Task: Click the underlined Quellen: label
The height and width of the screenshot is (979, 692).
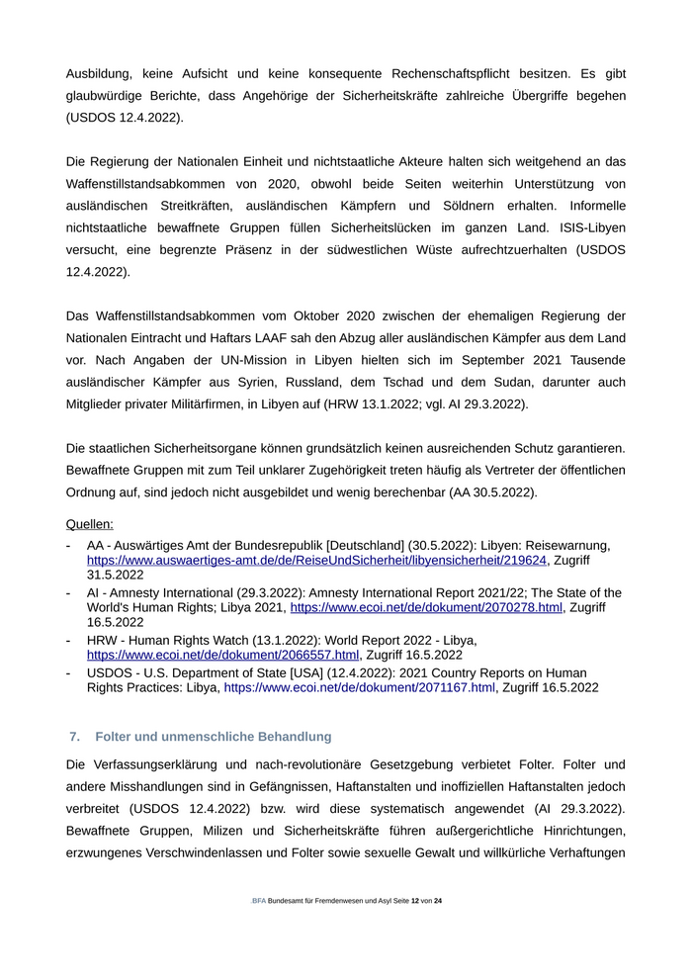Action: click(x=89, y=524)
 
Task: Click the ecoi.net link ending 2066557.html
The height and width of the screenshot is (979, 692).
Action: click(x=222, y=655)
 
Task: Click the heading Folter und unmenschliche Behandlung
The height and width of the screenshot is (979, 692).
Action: click(x=213, y=737)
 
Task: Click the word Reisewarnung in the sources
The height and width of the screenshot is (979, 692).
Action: click(x=565, y=545)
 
